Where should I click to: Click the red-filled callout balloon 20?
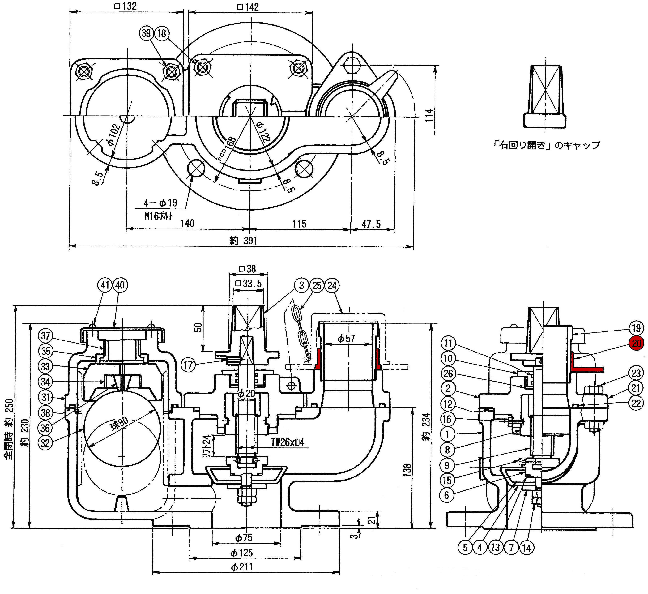pyautogui.click(x=636, y=343)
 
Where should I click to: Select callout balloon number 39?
pyautogui.click(x=146, y=33)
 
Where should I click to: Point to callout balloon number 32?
pyautogui.click(x=45, y=443)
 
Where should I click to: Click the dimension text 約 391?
pyautogui.click(x=243, y=240)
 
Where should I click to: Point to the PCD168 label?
pyautogui.click(x=227, y=148)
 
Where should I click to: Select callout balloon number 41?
pyautogui.click(x=105, y=285)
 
